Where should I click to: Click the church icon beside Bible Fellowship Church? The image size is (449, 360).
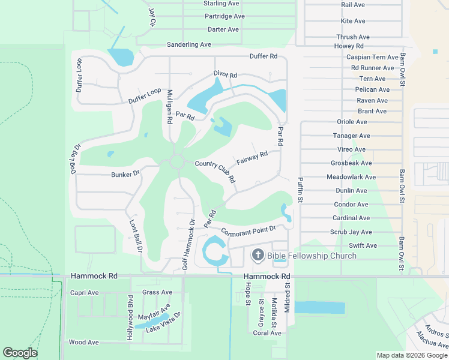(x=258, y=256)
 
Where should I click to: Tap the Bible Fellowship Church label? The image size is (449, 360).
(x=312, y=256)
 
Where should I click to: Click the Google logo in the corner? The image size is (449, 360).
(x=20, y=353)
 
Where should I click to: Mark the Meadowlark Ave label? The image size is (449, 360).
(x=351, y=177)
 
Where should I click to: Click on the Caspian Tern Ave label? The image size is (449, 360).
(x=372, y=57)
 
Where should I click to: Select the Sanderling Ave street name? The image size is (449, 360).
(x=189, y=44)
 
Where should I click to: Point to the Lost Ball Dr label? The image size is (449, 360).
(x=136, y=235)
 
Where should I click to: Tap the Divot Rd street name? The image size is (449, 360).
(x=226, y=75)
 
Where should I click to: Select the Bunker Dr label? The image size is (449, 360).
(x=125, y=174)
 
